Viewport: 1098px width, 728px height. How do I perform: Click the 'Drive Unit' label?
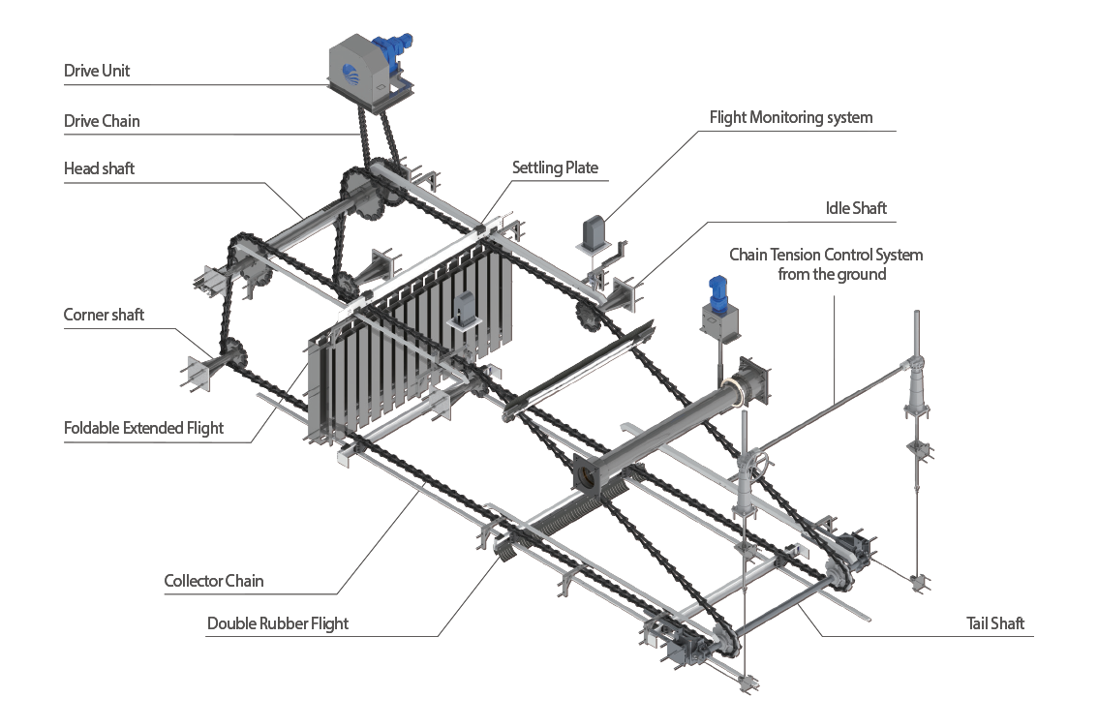click(97, 71)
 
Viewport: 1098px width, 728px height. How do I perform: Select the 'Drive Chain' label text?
click(102, 121)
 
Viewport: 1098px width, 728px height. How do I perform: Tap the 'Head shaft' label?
click(99, 168)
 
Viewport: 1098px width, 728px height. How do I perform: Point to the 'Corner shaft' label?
click(104, 315)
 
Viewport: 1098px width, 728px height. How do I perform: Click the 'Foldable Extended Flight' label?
click(143, 428)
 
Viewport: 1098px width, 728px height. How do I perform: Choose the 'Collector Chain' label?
click(214, 581)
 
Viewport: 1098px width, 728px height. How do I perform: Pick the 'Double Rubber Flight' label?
click(278, 623)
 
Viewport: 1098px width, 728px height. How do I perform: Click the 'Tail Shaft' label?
click(995, 623)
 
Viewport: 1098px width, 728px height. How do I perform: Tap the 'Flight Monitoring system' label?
click(791, 118)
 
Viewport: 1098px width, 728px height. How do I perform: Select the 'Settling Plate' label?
click(555, 167)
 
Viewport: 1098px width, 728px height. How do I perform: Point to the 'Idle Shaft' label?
click(856, 208)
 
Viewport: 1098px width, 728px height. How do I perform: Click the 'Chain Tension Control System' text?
click(826, 255)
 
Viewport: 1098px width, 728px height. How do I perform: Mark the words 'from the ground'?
click(832, 274)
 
